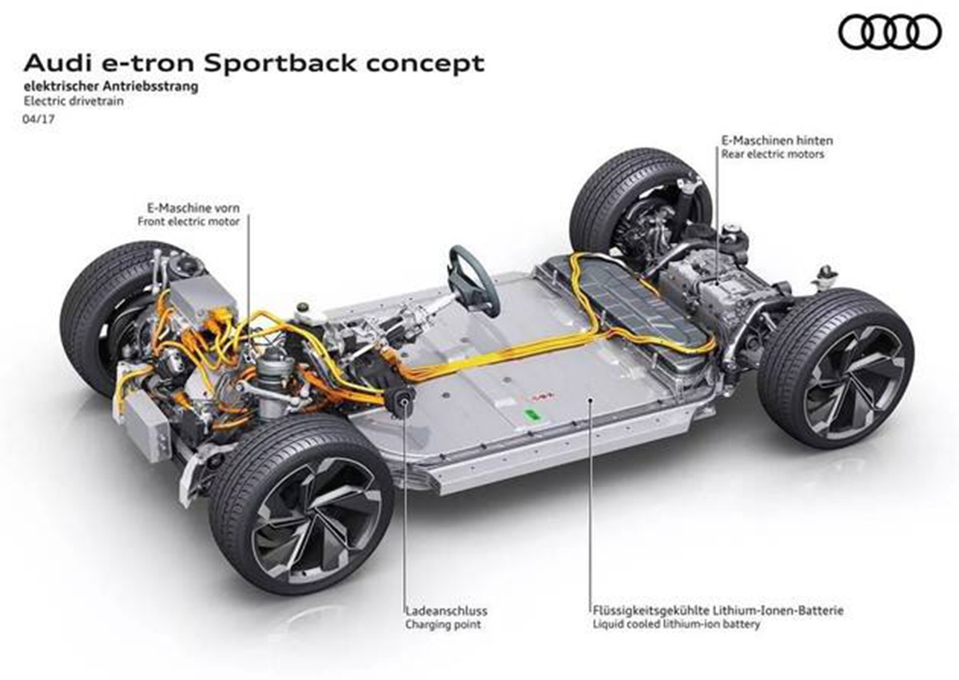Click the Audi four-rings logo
[x=889, y=32]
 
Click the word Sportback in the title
[x=280, y=64]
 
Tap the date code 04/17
[x=38, y=118]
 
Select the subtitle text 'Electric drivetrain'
[x=74, y=101]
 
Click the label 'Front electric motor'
[x=189, y=221]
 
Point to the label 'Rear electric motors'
[x=773, y=154]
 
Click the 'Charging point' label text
[x=443, y=624]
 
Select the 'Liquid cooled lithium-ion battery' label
[x=676, y=624]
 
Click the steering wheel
[x=473, y=280]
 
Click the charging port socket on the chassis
[x=403, y=402]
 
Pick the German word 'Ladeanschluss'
[x=447, y=610]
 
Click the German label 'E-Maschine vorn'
[x=193, y=208]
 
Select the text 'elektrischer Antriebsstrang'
[x=111, y=86]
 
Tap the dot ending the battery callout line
[x=590, y=399]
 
